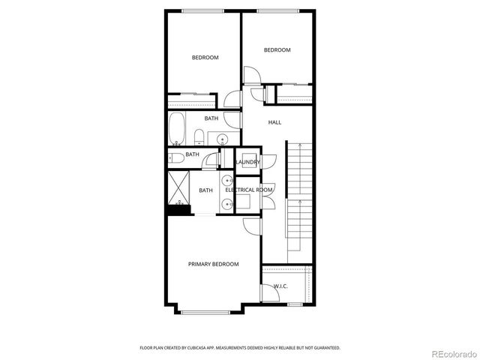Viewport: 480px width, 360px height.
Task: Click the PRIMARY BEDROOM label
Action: point(213,264)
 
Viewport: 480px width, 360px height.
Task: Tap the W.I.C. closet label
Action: point(280,286)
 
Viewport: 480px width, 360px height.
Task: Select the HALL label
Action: point(274,122)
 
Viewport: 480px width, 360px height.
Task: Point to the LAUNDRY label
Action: point(247,162)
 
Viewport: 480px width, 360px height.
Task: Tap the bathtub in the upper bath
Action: point(177,129)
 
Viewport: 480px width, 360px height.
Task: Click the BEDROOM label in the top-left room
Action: point(205,58)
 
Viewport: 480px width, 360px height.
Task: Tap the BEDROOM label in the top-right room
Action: point(277,50)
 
